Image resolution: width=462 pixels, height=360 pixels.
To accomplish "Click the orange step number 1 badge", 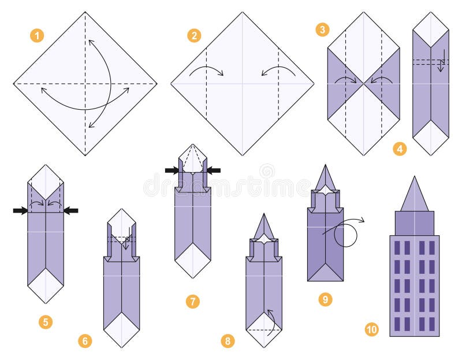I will tap(37, 36).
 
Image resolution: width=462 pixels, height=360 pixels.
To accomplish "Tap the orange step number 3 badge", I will tap(322, 29).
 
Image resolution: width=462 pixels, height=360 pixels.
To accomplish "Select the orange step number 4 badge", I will tap(399, 149).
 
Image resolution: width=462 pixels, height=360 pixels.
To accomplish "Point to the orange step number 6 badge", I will tap(85, 341).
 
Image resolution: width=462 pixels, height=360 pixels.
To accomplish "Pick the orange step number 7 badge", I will tap(193, 301).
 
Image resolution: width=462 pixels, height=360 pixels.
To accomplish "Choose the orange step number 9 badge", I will tap(325, 299).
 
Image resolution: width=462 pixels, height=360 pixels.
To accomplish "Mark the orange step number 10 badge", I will tap(372, 329).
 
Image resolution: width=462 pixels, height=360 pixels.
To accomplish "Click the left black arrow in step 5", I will tap(20, 211).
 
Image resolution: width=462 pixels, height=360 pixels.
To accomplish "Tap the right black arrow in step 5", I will tap(70, 211).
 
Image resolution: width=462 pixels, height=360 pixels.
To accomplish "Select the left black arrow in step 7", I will tap(172, 170).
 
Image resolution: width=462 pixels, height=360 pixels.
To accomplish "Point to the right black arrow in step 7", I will tap(213, 170).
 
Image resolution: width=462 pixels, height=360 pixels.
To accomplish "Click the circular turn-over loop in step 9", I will tap(345, 235).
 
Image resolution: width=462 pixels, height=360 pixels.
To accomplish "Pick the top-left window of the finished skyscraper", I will tap(398, 247).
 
